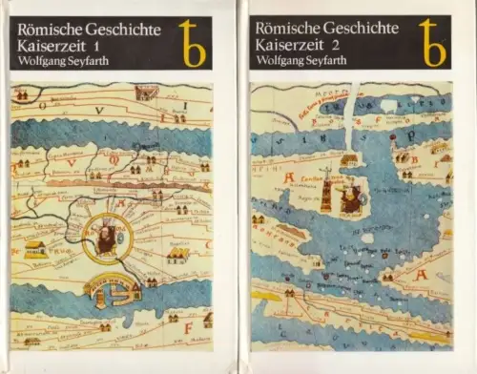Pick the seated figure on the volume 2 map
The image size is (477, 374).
351,197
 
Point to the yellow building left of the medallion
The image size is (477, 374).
36,249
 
